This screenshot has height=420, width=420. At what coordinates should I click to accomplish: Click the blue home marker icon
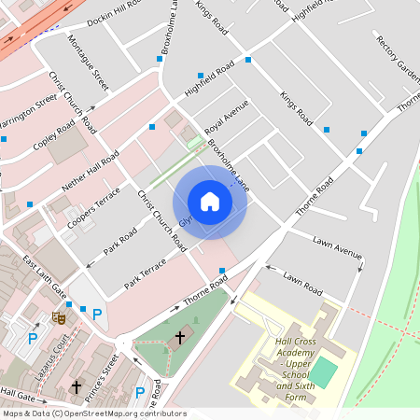tap(210, 202)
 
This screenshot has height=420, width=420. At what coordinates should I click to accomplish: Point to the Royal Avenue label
tap(227, 117)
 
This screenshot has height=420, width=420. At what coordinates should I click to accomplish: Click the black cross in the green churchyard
tap(180, 335)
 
